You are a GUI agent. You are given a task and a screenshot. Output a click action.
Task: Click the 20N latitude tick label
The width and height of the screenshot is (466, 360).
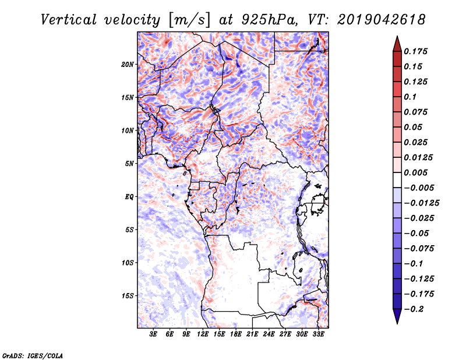coord(128,65)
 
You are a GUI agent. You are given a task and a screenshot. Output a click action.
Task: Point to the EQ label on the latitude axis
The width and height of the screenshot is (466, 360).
coord(129,197)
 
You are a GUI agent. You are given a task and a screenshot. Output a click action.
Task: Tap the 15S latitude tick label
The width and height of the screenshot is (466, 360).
coord(128,296)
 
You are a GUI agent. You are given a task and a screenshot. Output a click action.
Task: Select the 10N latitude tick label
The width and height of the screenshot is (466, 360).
coord(128,130)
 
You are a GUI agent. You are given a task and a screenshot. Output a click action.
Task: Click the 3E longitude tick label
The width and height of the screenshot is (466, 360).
coord(153,334)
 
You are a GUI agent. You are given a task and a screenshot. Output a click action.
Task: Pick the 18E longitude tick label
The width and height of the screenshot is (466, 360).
coord(236,334)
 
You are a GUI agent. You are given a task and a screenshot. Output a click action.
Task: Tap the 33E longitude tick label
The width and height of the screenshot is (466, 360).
coord(318,334)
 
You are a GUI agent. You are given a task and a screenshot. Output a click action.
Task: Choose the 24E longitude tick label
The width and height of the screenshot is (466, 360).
coord(269,334)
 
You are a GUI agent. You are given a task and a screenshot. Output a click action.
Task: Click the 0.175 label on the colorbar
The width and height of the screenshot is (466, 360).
coord(416,51)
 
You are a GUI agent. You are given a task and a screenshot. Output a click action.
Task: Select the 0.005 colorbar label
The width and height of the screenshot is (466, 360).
coord(416,172)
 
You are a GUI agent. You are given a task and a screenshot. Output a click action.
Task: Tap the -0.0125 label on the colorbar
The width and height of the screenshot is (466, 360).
coord(422,203)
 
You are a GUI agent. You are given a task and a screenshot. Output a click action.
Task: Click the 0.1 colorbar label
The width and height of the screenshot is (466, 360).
coord(410,97)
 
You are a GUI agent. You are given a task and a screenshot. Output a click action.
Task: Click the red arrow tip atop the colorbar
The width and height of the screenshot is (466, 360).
coord(397,36)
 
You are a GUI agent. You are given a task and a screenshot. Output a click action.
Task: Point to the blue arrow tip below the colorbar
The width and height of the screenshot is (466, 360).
coord(397,323)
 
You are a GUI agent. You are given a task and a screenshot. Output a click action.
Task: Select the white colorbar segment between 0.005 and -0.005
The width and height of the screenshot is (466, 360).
coord(397,180)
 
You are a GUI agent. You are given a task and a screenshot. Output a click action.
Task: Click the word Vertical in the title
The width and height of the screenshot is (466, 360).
coord(69,20)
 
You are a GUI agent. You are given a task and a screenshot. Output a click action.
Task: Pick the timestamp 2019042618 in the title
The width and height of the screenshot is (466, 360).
coord(381,20)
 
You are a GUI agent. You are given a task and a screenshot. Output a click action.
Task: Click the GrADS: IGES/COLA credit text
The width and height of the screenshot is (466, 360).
coord(33,355)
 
